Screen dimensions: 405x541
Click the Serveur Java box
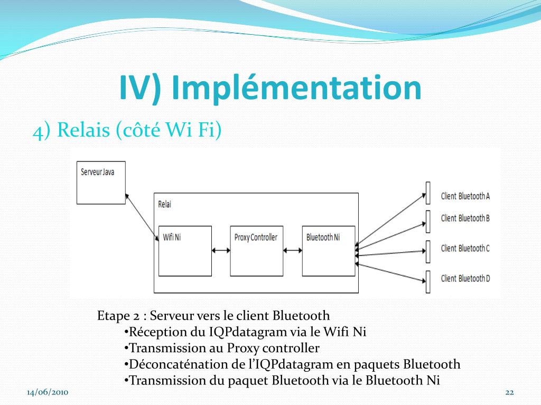tap(101, 182)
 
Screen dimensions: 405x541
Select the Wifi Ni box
tap(185, 251)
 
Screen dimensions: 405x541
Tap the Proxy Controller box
tap(256, 251)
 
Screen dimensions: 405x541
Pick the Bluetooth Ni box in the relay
tap(328, 251)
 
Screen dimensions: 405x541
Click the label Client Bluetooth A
tap(465, 196)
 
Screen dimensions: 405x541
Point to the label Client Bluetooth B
tap(465, 218)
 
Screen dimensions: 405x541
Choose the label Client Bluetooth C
tap(465, 248)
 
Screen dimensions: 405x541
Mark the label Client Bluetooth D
tap(465, 278)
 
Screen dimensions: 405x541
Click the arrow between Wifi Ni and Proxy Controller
tap(221, 251)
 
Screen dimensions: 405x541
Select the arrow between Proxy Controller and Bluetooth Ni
tap(292, 251)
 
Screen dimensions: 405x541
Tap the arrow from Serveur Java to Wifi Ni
tap(142, 217)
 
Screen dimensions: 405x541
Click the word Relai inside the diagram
tap(165, 204)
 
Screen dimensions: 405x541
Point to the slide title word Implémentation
tap(297, 88)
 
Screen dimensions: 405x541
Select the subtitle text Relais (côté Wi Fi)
tap(139, 130)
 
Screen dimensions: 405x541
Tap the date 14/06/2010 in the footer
tap(48, 392)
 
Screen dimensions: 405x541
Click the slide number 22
tap(510, 392)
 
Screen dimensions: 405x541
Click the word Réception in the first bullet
tap(151, 332)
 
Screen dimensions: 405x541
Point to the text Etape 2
tap(119, 316)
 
